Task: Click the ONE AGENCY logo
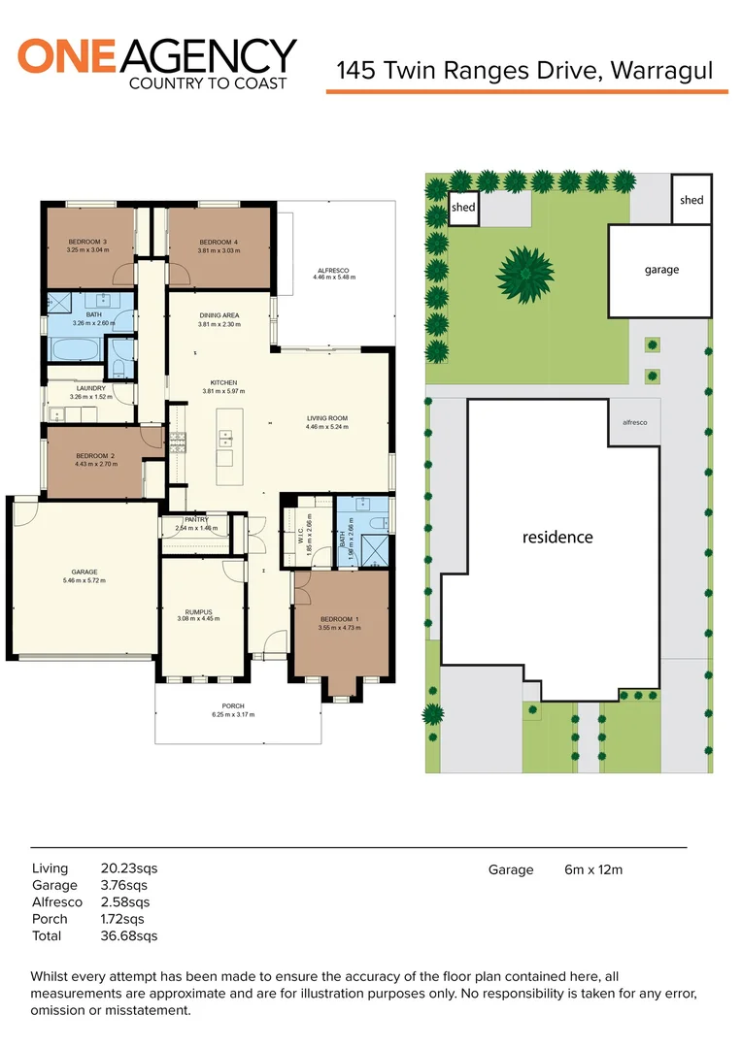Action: tap(157, 63)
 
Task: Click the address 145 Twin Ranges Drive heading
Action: tap(525, 70)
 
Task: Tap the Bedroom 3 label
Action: tap(87, 242)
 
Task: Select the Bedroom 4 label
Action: tap(219, 242)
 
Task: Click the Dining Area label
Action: tap(219, 315)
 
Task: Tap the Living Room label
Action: tap(326, 418)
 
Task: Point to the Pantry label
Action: tap(197, 519)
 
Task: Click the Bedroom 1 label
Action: tap(340, 619)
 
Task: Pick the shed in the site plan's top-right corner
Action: tap(691, 199)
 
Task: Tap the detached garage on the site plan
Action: tap(661, 270)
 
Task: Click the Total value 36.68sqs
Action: tap(129, 936)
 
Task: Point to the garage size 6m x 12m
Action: tap(593, 869)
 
